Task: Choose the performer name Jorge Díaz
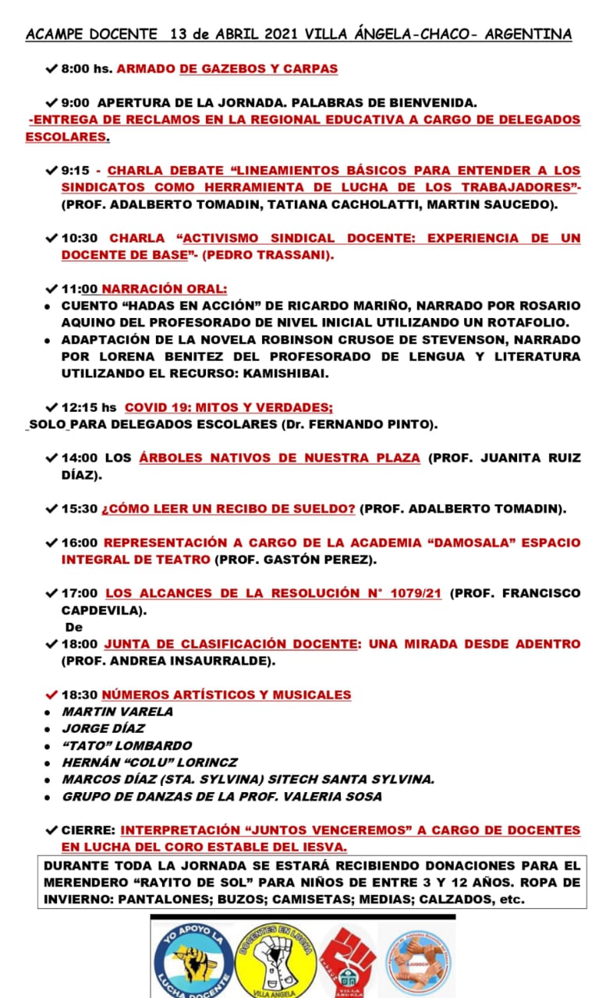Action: [104, 728]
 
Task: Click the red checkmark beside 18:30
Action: [51, 695]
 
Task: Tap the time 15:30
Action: [80, 508]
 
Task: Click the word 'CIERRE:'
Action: [89, 830]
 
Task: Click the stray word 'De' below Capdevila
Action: [73, 627]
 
